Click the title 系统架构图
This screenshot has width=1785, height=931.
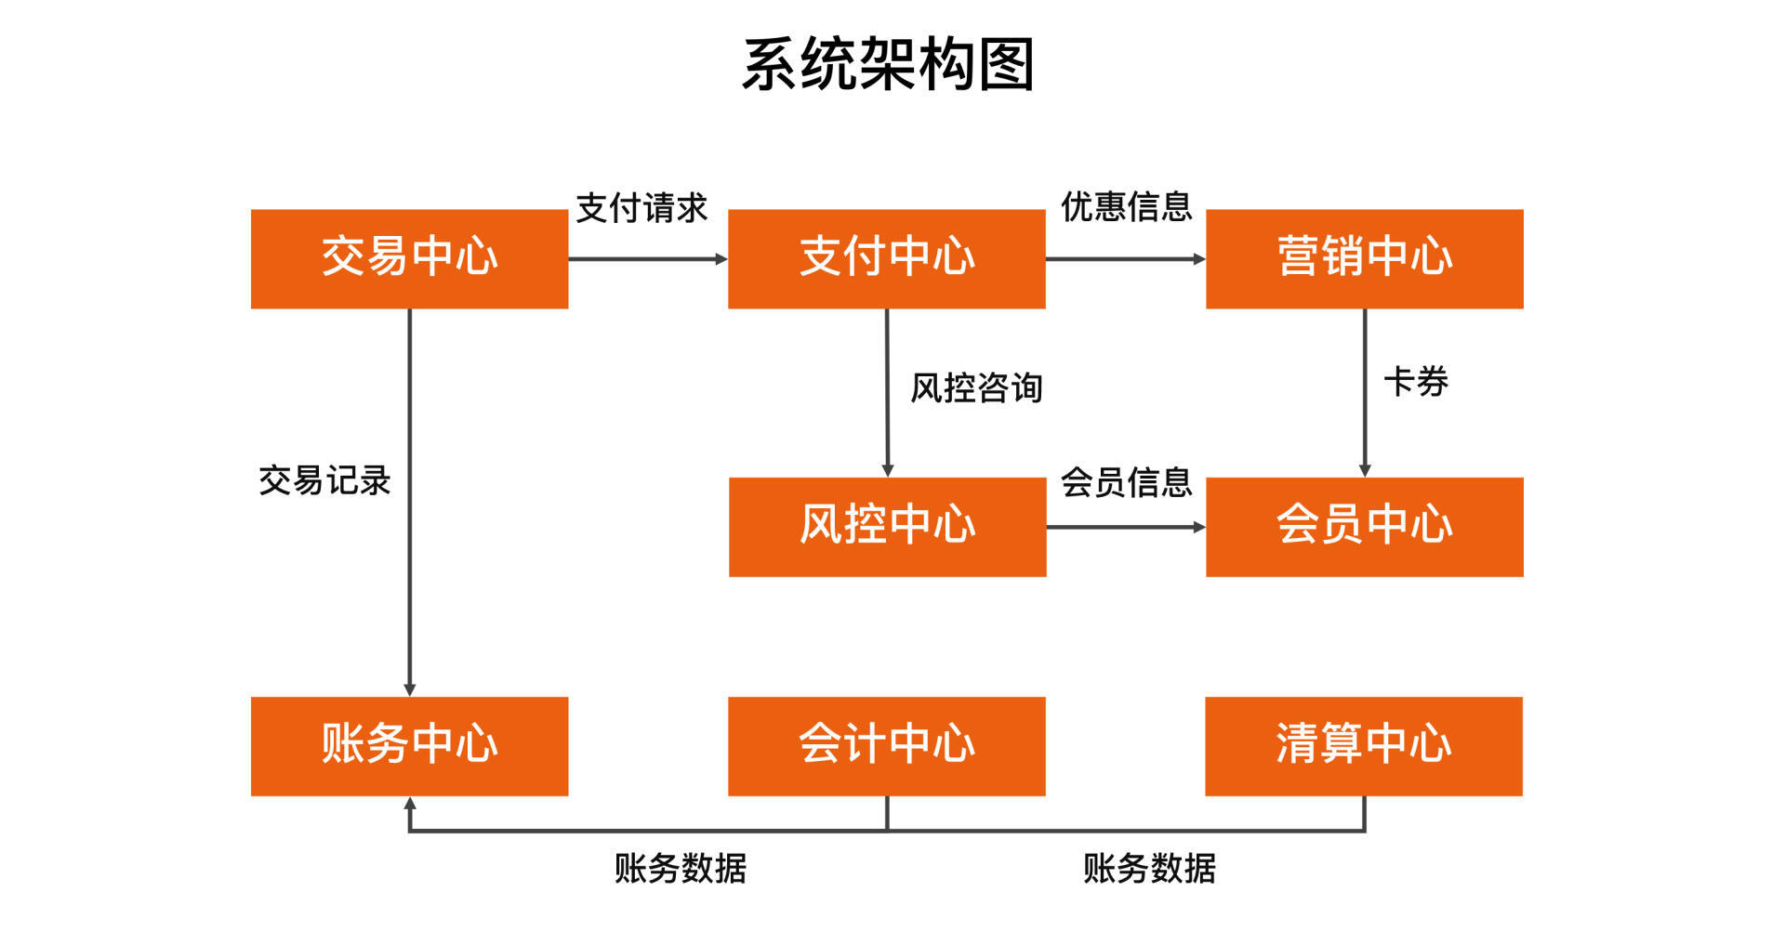[888, 64]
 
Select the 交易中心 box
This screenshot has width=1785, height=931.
[409, 258]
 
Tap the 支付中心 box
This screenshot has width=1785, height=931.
[886, 258]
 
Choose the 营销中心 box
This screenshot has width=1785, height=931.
[1364, 258]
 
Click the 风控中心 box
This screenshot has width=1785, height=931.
[887, 527]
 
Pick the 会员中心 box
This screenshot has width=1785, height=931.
[1364, 527]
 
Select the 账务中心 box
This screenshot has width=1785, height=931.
[409, 746]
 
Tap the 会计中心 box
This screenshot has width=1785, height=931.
[886, 746]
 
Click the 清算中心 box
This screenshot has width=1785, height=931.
[1363, 746]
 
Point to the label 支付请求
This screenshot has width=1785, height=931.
[641, 208]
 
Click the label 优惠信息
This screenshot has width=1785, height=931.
[1126, 206]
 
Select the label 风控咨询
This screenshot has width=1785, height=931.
[976, 387]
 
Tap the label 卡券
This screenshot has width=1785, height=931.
[1416, 381]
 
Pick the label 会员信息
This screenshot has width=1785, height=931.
[1126, 482]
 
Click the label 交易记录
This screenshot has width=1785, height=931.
[324, 480]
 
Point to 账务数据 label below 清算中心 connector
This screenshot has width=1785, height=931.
[1149, 869]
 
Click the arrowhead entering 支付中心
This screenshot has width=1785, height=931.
[721, 259]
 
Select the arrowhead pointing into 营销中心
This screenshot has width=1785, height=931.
[1199, 259]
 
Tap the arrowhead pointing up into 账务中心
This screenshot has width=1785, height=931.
[410, 803]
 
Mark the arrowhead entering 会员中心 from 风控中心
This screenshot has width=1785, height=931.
[1199, 527]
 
